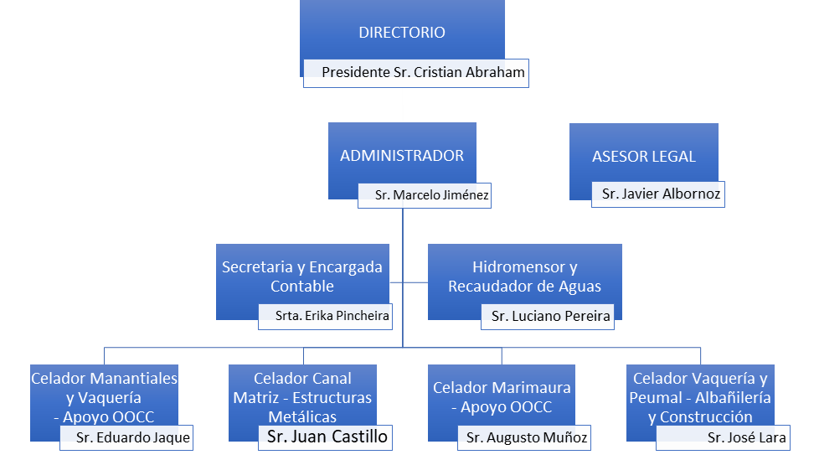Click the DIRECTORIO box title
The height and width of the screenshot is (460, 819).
click(402, 34)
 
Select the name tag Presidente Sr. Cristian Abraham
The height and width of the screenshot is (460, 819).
click(423, 73)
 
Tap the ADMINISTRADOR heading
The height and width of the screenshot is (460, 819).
click(402, 156)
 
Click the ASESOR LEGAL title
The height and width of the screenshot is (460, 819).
click(643, 157)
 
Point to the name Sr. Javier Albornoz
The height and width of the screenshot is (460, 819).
click(661, 194)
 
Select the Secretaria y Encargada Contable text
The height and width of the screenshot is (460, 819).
click(302, 277)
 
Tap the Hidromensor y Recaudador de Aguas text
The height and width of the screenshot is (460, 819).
click(524, 277)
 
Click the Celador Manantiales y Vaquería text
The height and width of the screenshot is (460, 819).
click(105, 388)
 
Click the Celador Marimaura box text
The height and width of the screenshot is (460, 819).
click(502, 397)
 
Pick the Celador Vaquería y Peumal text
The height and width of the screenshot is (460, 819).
click(700, 388)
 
